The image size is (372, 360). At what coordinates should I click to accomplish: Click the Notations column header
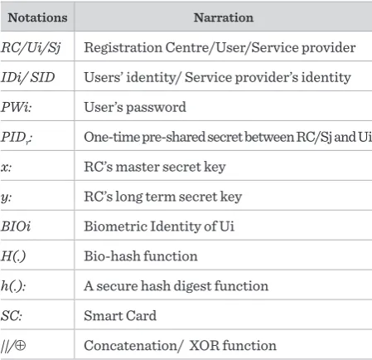pos(37,17)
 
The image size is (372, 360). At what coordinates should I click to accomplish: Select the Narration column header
pos(224,17)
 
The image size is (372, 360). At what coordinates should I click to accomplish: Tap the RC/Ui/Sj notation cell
pos(31,47)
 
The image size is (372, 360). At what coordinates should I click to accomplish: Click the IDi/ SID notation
pos(28,77)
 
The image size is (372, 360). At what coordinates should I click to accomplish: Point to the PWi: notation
pos(17,107)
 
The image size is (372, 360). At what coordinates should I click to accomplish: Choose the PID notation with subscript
pos(17,138)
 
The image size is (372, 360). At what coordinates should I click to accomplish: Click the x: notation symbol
pos(6,168)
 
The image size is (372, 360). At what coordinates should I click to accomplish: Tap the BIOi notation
pos(16,226)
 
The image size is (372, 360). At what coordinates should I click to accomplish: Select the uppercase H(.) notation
pos(13,256)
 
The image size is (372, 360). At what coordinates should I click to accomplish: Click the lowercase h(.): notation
pos(13,286)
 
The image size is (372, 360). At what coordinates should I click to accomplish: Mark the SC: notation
pos(12,316)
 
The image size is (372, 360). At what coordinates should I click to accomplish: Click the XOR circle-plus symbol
pos(20,345)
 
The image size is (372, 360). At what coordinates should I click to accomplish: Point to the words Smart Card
pos(120,316)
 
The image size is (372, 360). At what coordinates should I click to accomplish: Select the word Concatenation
pos(131,346)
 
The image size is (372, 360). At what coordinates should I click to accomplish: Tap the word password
pos(156,108)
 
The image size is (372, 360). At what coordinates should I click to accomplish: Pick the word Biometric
pos(116,226)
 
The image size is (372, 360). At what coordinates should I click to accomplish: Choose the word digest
pos(193,286)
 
